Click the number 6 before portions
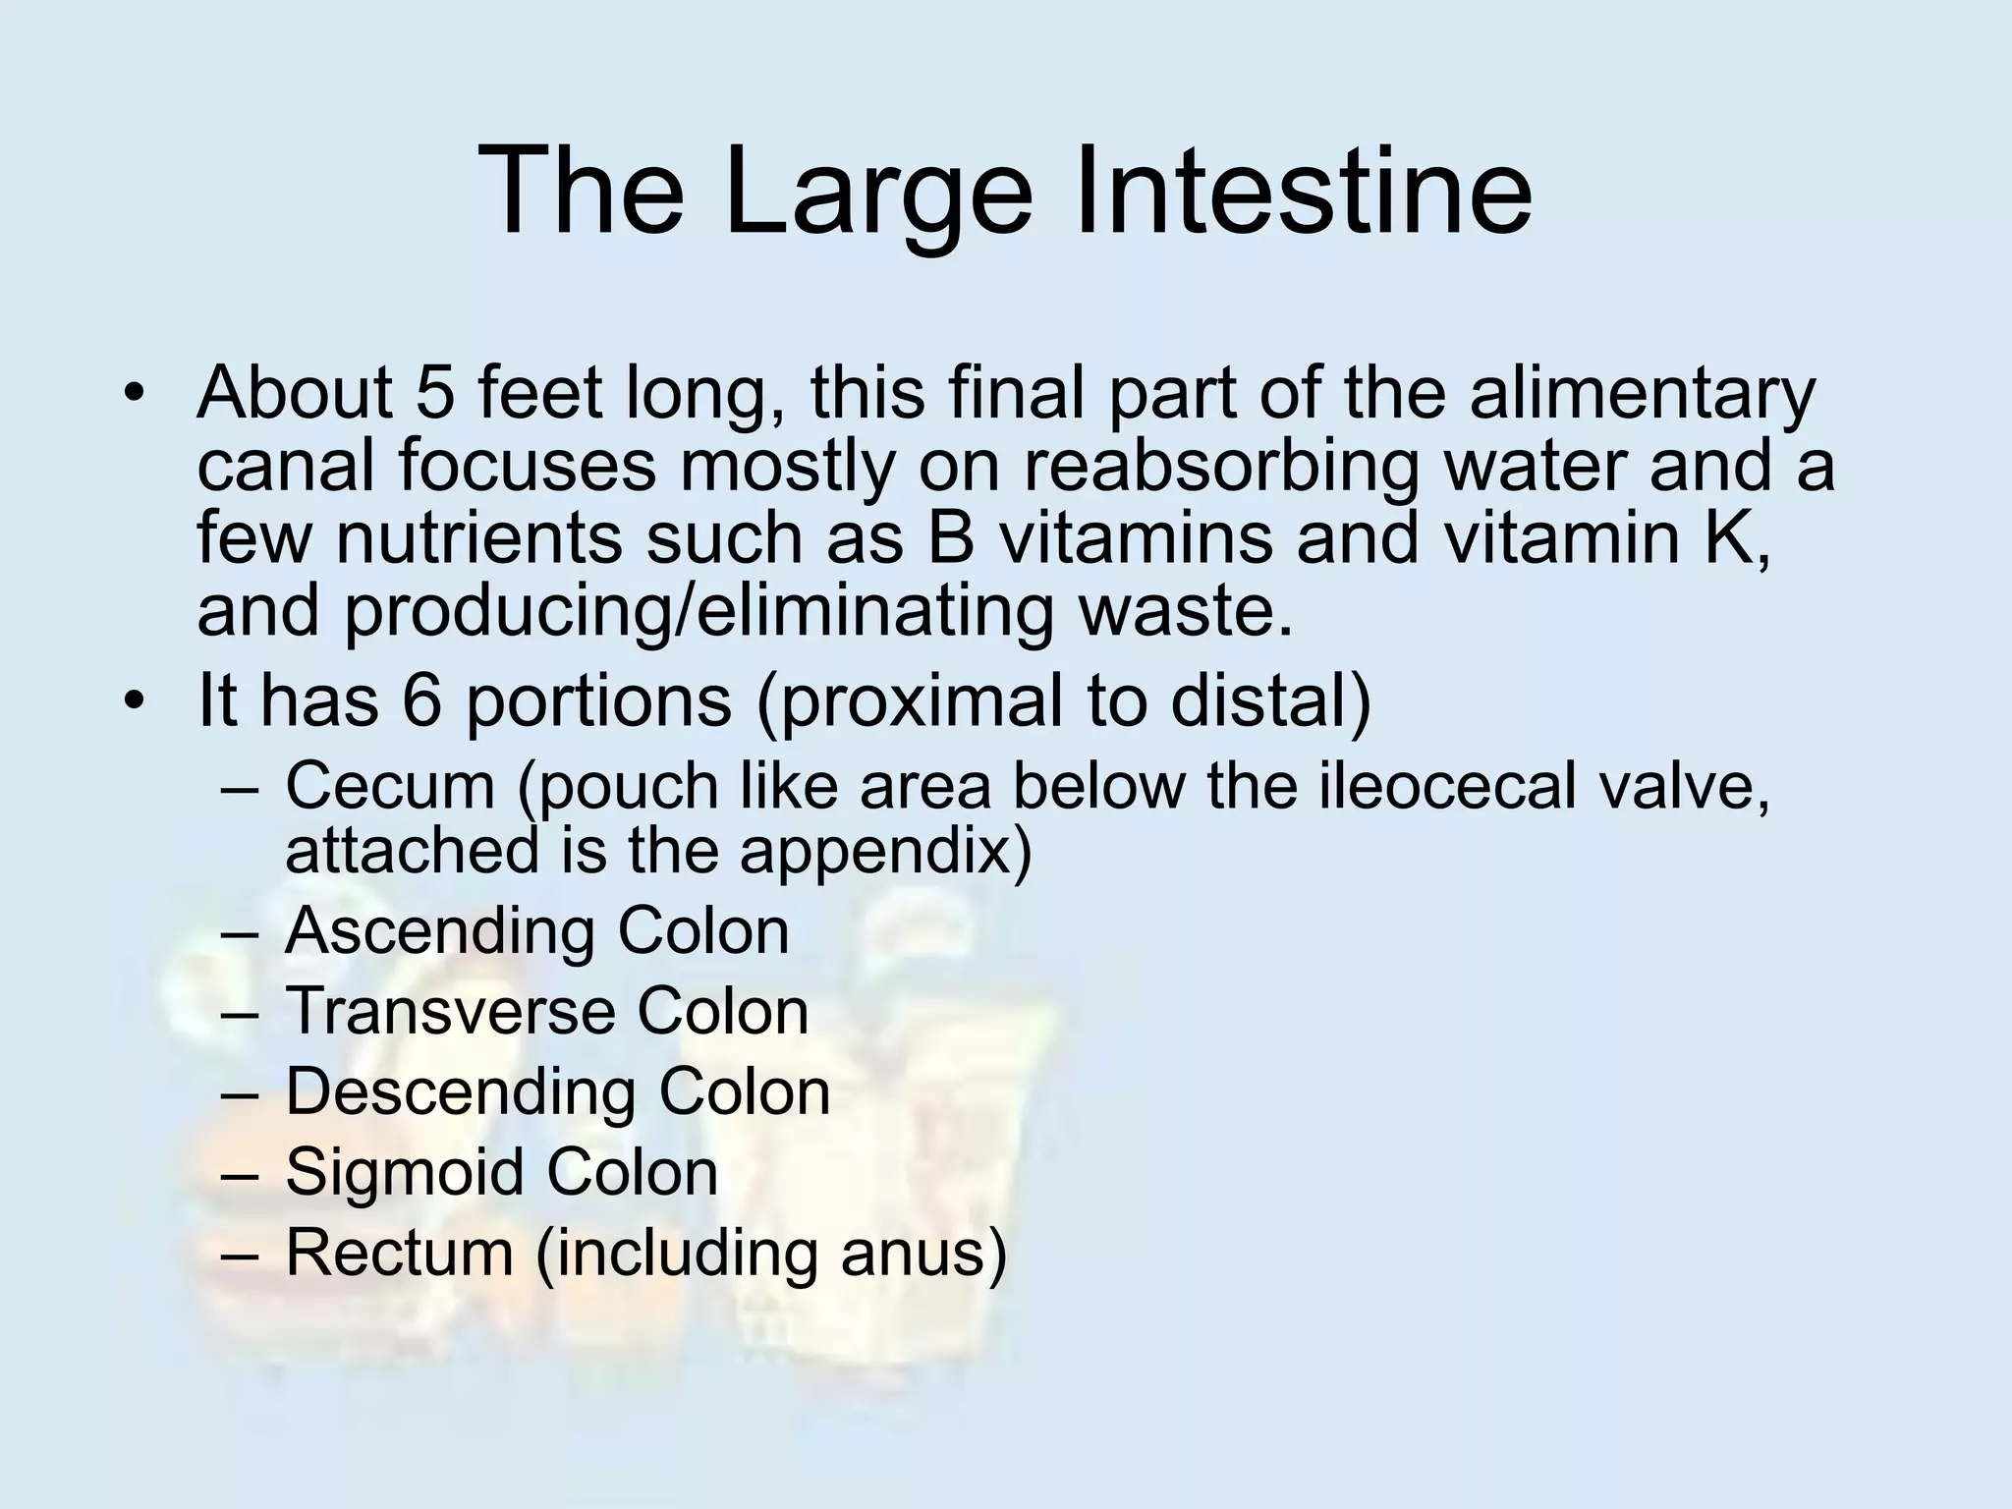tap(421, 699)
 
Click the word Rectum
tap(399, 1253)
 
